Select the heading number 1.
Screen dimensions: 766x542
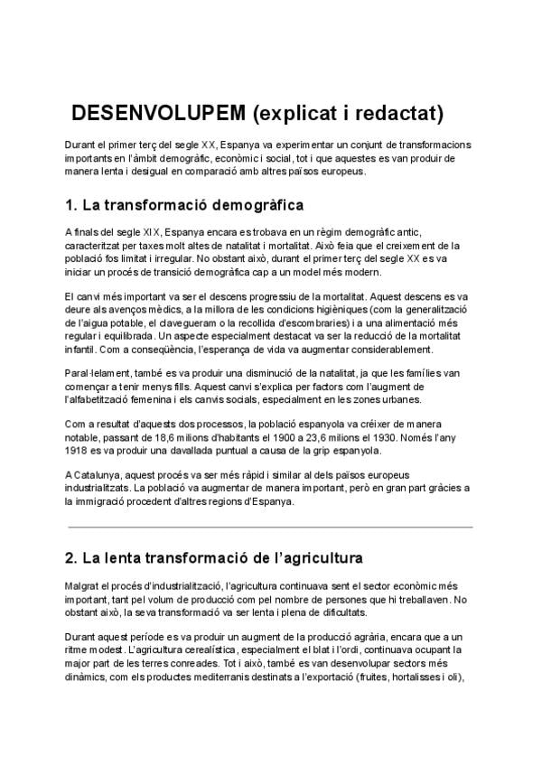tap(72, 203)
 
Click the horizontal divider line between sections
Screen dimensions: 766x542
tap(270, 527)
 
